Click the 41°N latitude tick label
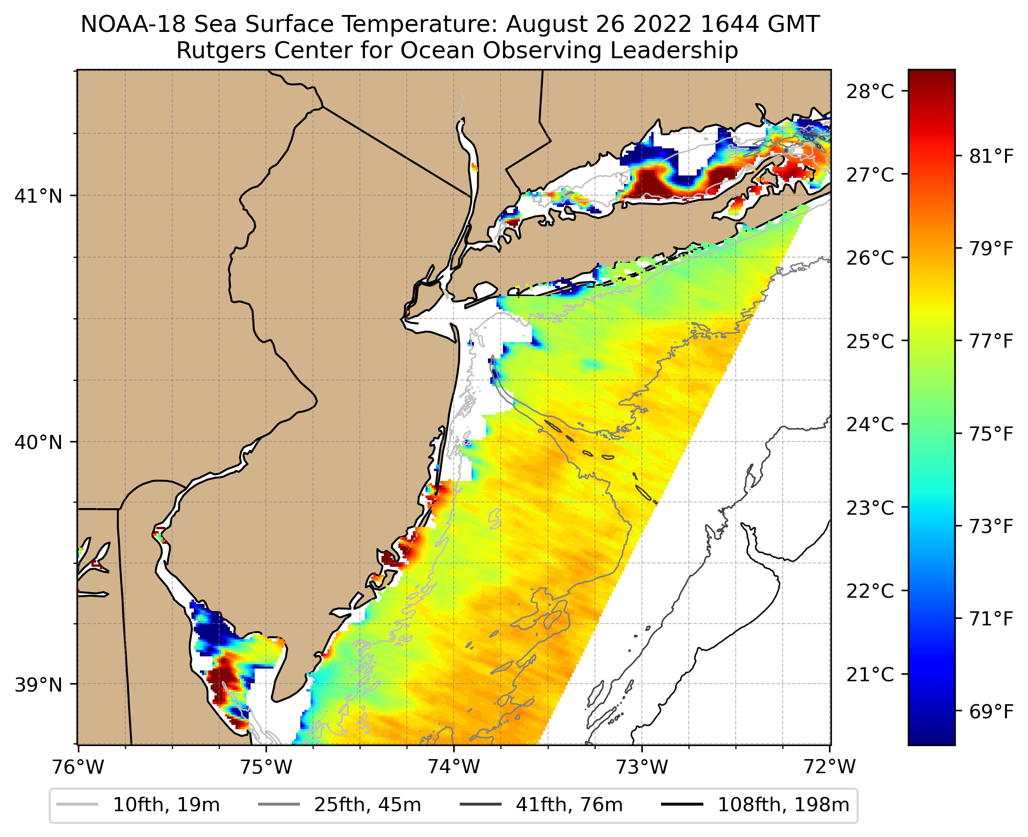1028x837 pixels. coord(38,196)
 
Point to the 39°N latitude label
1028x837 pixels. coord(38,685)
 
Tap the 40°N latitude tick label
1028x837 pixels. coord(38,442)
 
